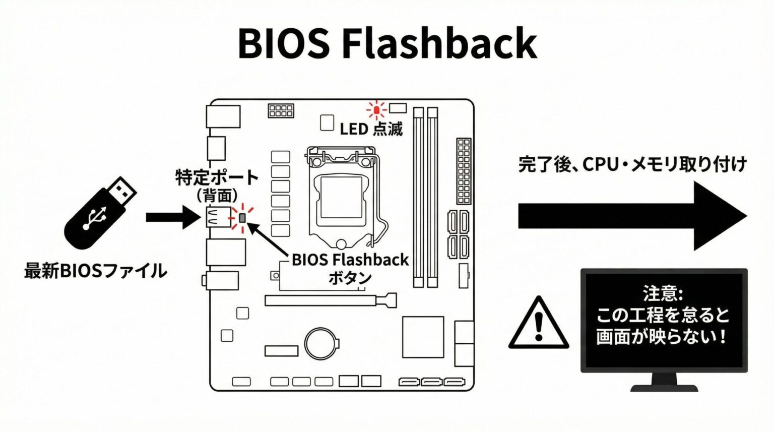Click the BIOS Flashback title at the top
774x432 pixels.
tap(387, 43)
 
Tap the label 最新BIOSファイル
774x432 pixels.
tap(95, 271)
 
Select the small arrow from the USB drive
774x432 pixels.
tap(172, 217)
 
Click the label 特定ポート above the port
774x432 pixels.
tap(217, 177)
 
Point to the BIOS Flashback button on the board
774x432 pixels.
tap(242, 218)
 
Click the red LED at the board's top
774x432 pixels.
tap(376, 109)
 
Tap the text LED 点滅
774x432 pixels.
tap(371, 129)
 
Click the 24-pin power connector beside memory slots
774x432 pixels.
tap(464, 170)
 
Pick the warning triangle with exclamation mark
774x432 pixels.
tap(539, 324)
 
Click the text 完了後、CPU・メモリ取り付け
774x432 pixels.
tap(632, 164)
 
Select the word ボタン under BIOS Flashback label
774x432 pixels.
tap(350, 278)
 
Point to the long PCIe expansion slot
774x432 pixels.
tap(330, 300)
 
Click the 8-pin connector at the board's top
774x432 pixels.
tap(281, 110)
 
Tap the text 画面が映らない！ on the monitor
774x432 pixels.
tap(662, 337)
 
